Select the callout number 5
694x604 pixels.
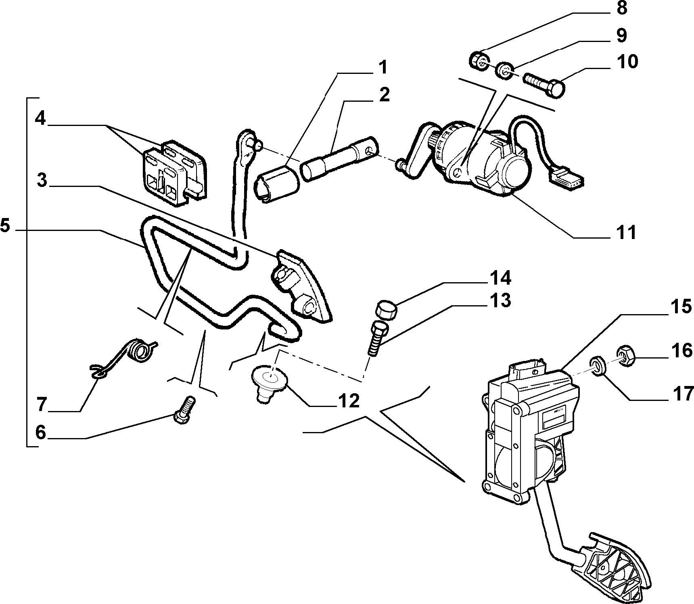coord(5,225)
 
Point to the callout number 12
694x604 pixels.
coord(348,401)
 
